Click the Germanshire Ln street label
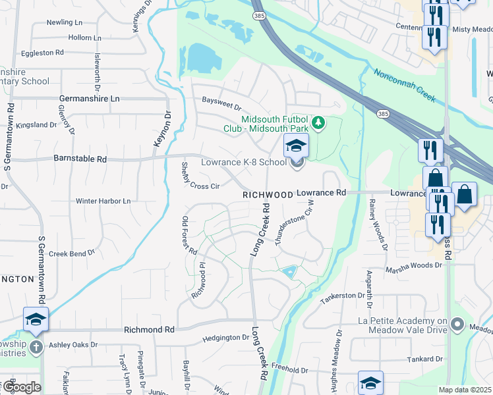90,98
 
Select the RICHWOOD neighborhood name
267,196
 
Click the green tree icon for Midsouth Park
318,123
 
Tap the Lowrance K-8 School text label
245,162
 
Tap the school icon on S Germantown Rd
36,320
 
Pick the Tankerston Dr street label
343,298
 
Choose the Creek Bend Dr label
72,253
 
